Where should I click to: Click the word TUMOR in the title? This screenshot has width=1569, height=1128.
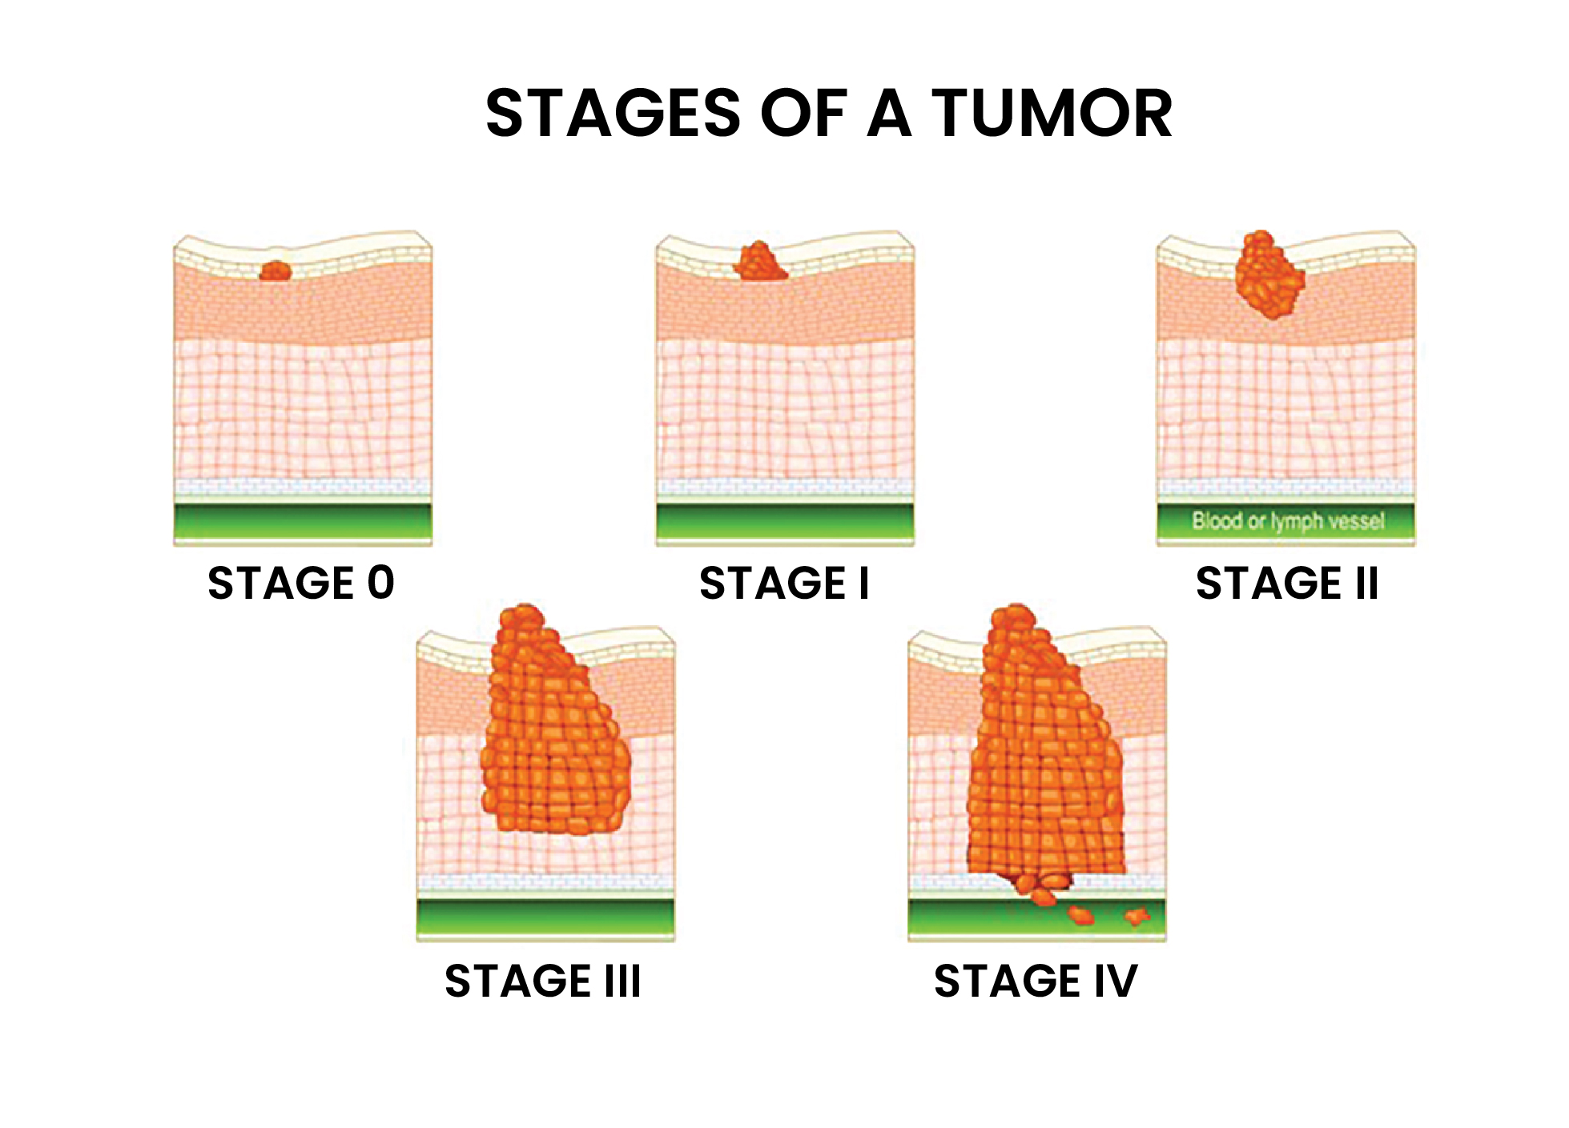[x=1052, y=113]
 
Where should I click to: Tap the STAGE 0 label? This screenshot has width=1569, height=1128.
[x=301, y=582]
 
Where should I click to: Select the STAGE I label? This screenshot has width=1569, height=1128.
[x=784, y=582]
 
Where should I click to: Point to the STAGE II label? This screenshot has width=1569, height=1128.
[x=1287, y=582]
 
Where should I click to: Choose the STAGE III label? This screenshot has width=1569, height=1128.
[x=543, y=981]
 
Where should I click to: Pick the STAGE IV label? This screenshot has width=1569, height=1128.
[x=1036, y=981]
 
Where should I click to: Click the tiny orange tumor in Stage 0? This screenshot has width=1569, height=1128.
[x=276, y=271]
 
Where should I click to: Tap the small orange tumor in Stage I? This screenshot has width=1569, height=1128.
[x=760, y=261]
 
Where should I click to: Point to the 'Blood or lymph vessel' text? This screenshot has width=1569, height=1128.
[x=1288, y=521]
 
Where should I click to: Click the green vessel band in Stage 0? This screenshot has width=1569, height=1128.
[x=303, y=522]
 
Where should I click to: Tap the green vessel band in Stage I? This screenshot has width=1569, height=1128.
[x=785, y=522]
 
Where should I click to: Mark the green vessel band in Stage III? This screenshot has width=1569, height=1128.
[x=545, y=917]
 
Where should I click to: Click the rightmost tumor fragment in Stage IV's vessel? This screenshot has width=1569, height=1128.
[x=1137, y=916]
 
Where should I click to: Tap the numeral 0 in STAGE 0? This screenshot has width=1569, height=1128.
[x=381, y=582]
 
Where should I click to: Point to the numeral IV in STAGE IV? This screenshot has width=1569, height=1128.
[x=1115, y=981]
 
